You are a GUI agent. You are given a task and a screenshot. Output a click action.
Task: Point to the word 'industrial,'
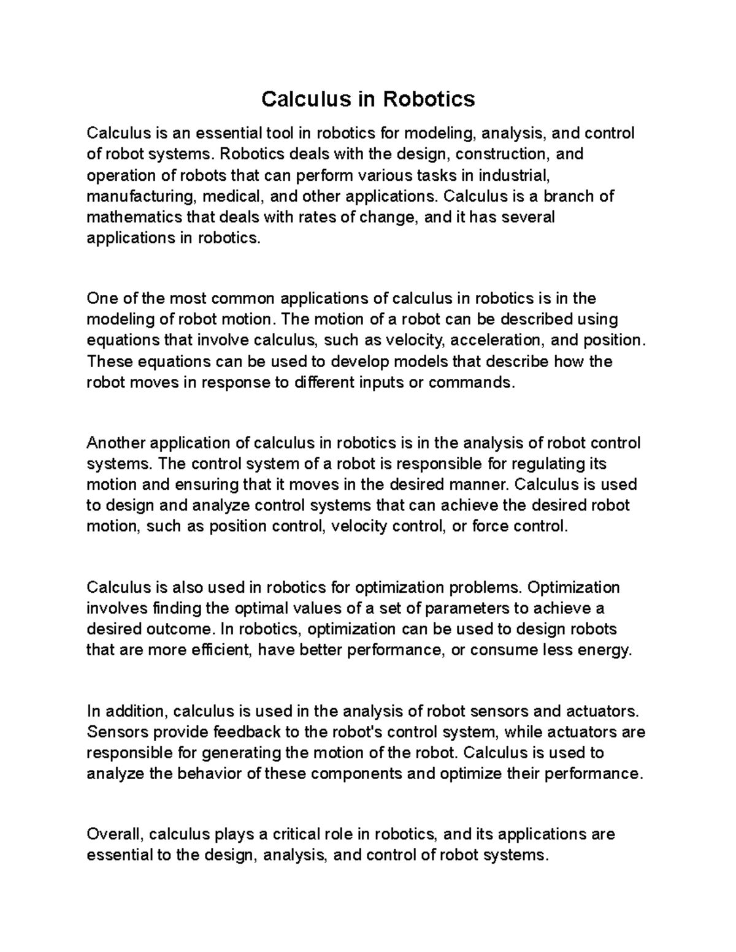tap(512, 175)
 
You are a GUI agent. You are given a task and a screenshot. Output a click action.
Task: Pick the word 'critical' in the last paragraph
tap(303, 834)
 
